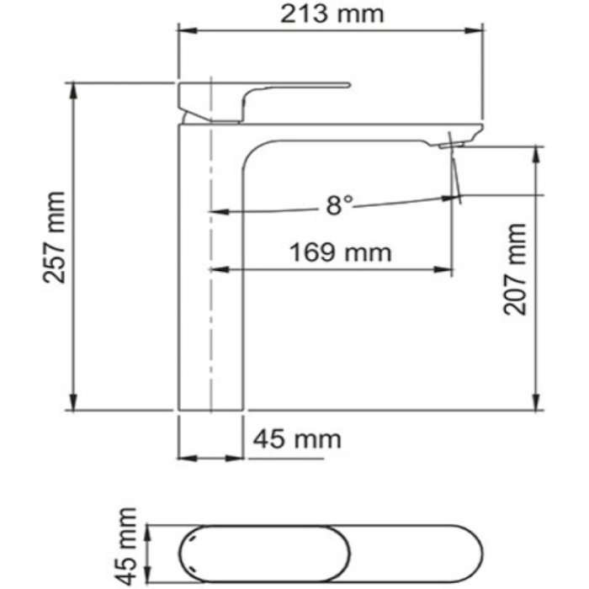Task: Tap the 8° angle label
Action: pos(340,204)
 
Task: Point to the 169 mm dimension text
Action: pos(340,252)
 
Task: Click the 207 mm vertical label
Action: pos(514,269)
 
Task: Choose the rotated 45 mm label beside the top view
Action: pos(126,545)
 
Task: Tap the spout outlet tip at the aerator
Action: pos(453,145)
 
